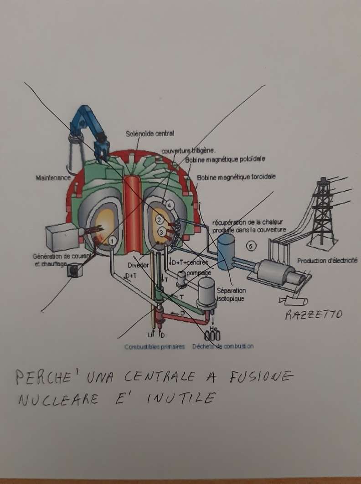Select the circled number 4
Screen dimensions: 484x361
click(170, 206)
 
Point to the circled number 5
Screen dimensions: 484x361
click(251, 246)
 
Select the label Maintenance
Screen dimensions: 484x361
click(52, 178)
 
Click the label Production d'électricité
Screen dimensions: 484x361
click(327, 261)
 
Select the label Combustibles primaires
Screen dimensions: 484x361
click(155, 347)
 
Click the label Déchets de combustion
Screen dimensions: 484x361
click(222, 346)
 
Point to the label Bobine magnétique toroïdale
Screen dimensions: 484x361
click(236, 176)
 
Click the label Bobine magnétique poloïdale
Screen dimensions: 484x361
click(225, 159)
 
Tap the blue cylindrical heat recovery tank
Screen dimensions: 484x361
click(226, 252)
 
